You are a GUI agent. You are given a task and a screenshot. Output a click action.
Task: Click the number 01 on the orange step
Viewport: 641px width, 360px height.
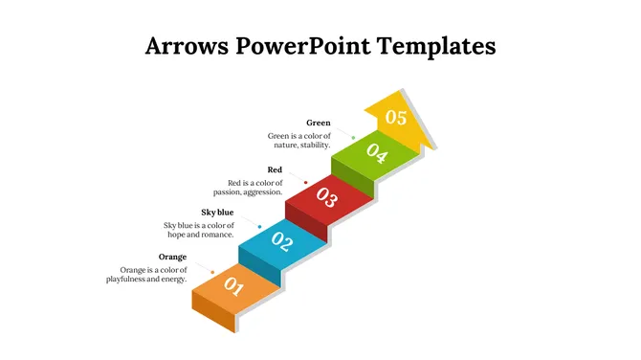[233, 285]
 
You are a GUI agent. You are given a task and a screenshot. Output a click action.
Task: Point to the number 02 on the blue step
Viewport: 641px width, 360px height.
[281, 241]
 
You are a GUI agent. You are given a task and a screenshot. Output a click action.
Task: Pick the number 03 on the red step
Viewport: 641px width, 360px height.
[327, 199]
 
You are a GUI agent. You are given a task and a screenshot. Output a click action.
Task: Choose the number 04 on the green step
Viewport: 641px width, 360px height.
[376, 154]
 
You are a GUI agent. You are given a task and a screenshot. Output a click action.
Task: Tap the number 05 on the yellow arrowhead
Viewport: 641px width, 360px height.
[396, 118]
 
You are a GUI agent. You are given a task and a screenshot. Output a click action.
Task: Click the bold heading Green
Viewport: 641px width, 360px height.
[319, 123]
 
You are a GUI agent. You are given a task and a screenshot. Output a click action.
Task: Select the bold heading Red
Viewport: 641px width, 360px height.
[275, 169]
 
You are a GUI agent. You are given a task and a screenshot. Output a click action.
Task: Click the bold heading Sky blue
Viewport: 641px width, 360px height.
[217, 212]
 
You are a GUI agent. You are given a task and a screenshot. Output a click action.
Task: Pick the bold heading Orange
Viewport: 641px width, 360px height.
[172, 257]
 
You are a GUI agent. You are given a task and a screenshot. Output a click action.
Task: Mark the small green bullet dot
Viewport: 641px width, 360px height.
[353, 138]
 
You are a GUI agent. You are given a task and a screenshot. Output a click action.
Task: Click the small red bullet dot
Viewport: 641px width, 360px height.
[305, 182]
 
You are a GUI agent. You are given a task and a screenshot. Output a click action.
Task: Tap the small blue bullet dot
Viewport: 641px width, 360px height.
[259, 227]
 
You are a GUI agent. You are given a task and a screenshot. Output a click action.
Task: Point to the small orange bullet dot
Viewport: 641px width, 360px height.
[212, 272]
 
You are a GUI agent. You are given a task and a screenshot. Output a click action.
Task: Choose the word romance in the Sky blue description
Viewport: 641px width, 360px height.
[216, 235]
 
